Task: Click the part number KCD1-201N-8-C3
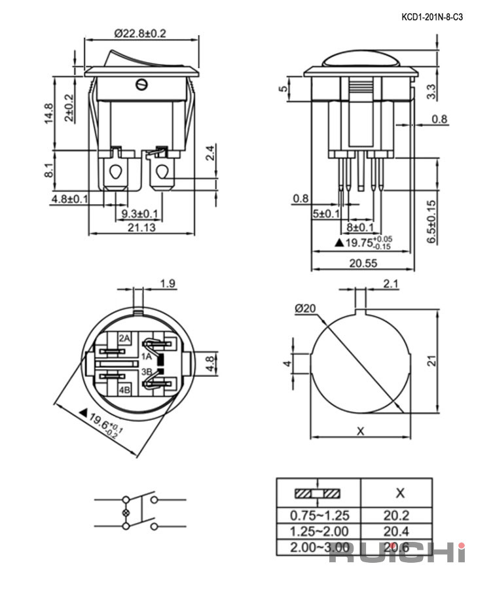tap(432, 17)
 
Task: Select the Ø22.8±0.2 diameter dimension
tap(140, 33)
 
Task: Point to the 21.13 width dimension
tap(141, 227)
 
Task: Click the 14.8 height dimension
tap(49, 113)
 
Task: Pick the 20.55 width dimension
tap(363, 263)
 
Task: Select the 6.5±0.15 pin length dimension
tap(431, 222)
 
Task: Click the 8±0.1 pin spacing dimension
tap(360, 227)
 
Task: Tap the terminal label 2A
tap(125, 338)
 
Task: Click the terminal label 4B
tap(125, 389)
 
